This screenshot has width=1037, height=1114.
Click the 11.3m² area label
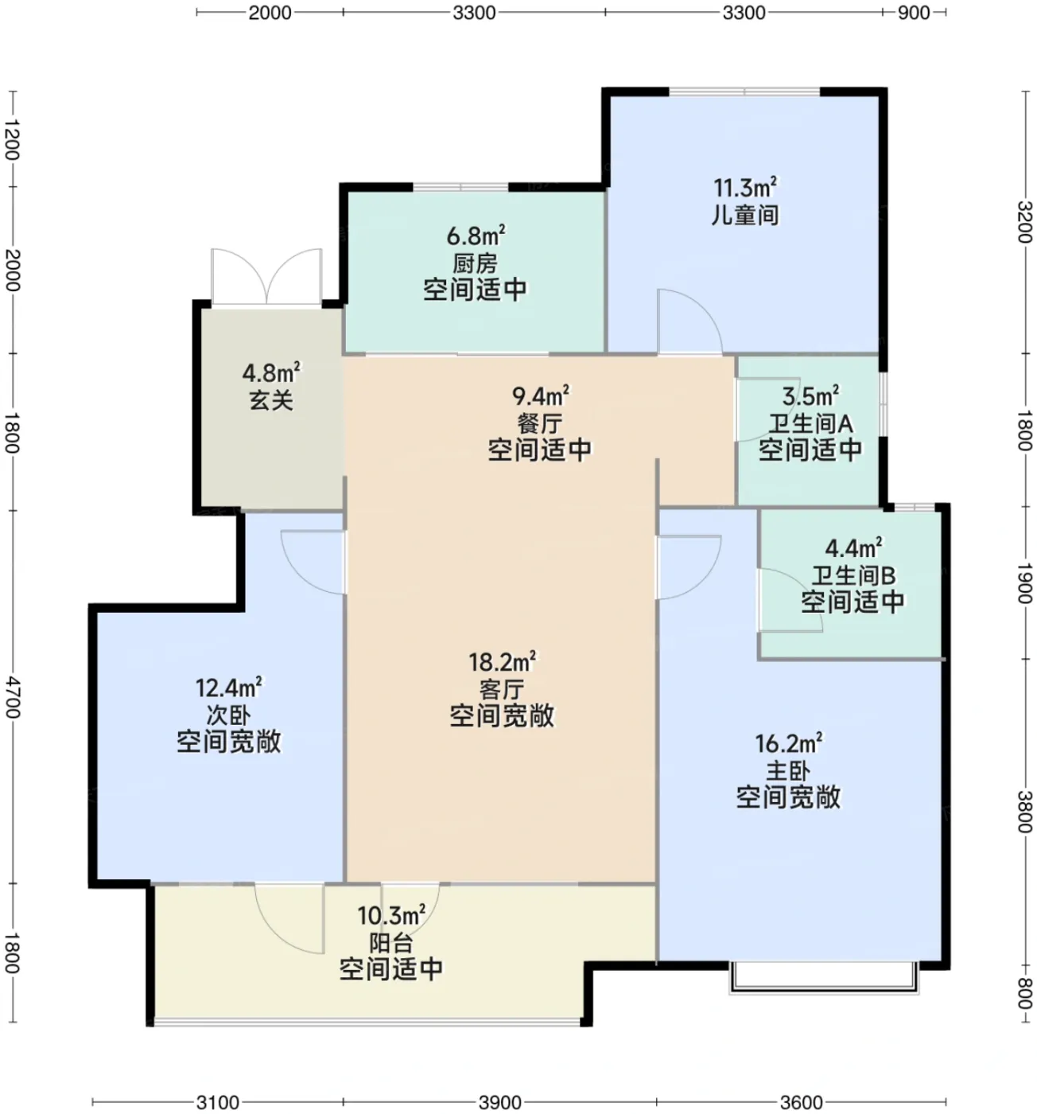pyautogui.click(x=744, y=187)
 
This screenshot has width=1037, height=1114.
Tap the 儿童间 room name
pyautogui.click(x=745, y=216)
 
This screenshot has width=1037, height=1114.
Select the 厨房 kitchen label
pyautogui.click(x=475, y=263)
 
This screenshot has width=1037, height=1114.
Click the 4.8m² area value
pyautogui.click(x=271, y=372)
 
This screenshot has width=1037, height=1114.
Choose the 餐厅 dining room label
pyautogui.click(x=539, y=423)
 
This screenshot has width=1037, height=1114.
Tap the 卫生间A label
pyautogui.click(x=810, y=423)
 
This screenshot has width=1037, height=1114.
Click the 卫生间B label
pyautogui.click(x=853, y=575)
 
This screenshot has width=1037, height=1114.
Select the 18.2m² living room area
pyautogui.click(x=502, y=662)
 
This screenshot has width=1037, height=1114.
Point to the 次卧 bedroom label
pyautogui.click(x=228, y=715)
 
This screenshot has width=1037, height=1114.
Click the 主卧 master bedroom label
pyautogui.click(x=788, y=771)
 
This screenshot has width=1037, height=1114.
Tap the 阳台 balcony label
pyautogui.click(x=391, y=943)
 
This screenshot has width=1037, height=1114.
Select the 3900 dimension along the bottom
pyautogui.click(x=499, y=1102)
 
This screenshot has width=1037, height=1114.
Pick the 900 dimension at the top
pyautogui.click(x=913, y=13)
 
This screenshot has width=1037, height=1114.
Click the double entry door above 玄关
pyautogui.click(x=266, y=277)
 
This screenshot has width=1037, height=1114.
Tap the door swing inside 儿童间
pyautogui.click(x=689, y=321)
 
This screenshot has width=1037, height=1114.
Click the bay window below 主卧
pyautogui.click(x=824, y=978)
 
